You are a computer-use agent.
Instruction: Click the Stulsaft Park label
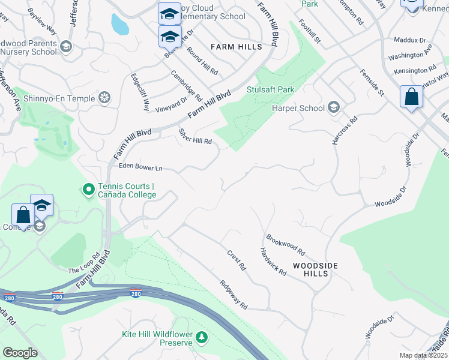(271, 89)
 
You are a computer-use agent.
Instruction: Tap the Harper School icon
(334, 108)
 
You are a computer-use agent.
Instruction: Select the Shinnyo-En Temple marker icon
(105, 97)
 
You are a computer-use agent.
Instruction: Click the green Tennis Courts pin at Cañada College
(88, 190)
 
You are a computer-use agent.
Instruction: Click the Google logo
(20, 352)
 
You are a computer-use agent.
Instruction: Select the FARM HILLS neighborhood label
(236, 47)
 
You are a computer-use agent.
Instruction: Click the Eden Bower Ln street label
(140, 167)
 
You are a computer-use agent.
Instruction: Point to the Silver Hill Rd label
(195, 136)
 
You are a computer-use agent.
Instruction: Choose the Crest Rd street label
(237, 259)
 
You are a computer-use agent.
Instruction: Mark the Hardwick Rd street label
(273, 261)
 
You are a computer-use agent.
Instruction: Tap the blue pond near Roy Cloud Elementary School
(119, 23)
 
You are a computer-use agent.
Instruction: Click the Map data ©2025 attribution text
(424, 355)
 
